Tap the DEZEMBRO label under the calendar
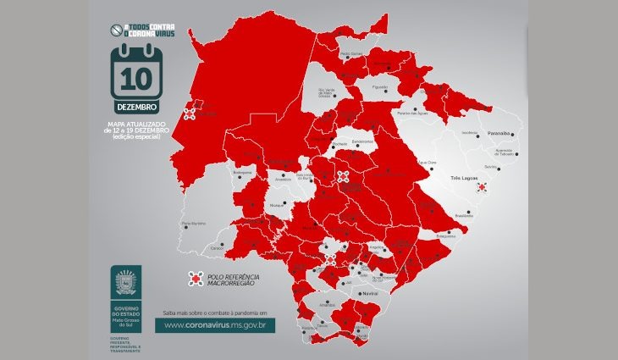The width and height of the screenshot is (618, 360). (x=136, y=108)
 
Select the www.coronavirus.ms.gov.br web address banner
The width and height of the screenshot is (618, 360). (x=219, y=324)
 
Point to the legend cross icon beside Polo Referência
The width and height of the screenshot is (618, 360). (x=195, y=279)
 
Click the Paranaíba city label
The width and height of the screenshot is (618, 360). (x=498, y=133)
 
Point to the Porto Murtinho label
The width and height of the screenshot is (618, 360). (x=195, y=224)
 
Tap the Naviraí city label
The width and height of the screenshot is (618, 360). (x=368, y=293)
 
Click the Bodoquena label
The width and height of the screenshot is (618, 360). (x=242, y=172)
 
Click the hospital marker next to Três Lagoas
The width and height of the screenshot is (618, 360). (x=482, y=187)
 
